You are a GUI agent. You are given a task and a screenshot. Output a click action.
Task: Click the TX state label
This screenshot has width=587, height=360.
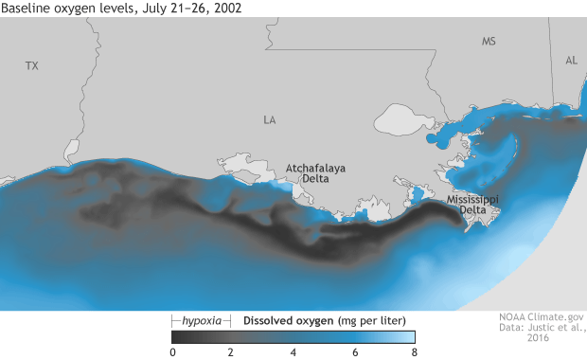point(32,66)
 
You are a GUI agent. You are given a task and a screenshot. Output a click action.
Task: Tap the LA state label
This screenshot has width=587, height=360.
point(269,120)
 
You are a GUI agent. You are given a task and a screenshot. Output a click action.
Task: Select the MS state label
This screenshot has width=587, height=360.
point(489,42)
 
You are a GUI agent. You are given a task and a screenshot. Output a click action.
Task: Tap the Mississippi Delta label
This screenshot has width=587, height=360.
point(472,206)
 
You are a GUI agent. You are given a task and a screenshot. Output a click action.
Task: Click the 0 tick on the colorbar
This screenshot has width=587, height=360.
point(172,351)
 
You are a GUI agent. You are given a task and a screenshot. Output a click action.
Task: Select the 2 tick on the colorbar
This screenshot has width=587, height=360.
point(233,351)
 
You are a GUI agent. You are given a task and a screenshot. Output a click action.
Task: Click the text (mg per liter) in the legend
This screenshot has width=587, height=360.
point(376,320)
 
